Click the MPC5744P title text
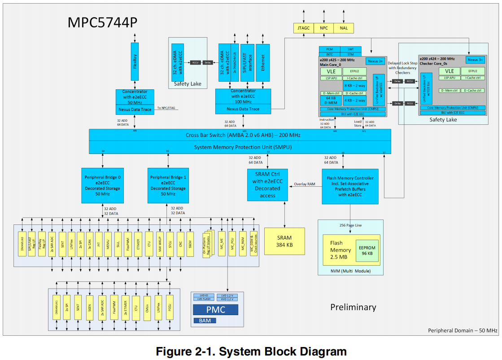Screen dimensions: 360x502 [102, 22]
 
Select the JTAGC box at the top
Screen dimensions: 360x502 [303, 28]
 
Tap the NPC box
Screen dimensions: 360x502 [323, 28]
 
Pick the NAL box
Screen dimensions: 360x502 [344, 28]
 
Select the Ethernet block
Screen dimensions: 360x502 [262, 63]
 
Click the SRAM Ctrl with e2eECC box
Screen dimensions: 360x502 [267, 185]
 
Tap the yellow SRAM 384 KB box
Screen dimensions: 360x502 [284, 241]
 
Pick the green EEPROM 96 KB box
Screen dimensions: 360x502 [366, 250]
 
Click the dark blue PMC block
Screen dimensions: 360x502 [215, 310]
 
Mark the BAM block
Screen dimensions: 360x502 [205, 320]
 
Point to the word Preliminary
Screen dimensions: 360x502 [353, 307]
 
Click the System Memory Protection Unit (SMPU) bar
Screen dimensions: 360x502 [240, 147]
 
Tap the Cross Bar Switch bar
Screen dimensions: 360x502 [240, 135]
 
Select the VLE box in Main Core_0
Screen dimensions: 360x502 [331, 71]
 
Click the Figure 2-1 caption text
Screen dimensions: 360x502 [251, 351]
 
